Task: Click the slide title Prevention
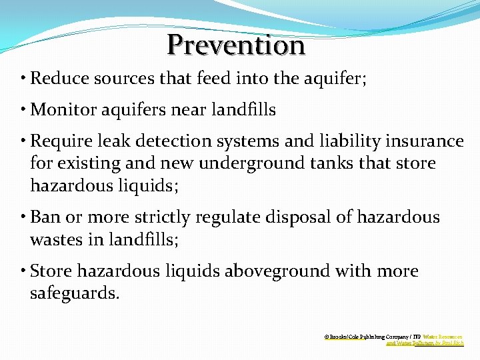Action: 236,45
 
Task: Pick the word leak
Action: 111,141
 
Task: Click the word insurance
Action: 427,141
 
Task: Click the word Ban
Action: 45,217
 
